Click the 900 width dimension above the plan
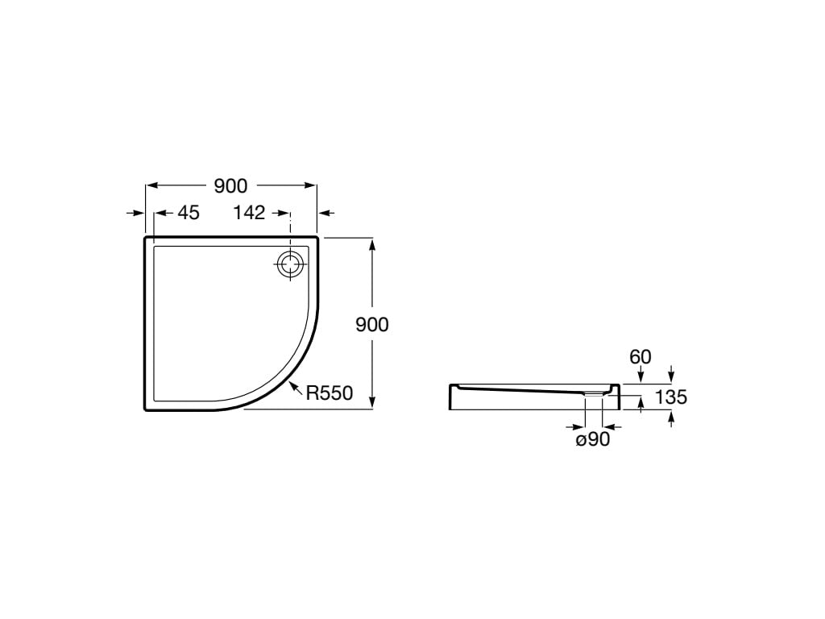230,186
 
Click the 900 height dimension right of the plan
372,325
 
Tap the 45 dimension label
189,213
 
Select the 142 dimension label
250,213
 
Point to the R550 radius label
330,393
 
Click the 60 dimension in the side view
641,357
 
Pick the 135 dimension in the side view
671,397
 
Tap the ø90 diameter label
593,439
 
